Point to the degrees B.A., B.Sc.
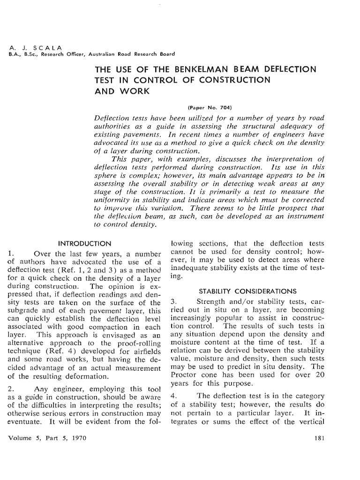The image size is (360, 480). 19,54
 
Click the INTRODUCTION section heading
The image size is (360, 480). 84,243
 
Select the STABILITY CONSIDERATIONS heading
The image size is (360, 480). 247,291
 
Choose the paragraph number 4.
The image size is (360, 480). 173,395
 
